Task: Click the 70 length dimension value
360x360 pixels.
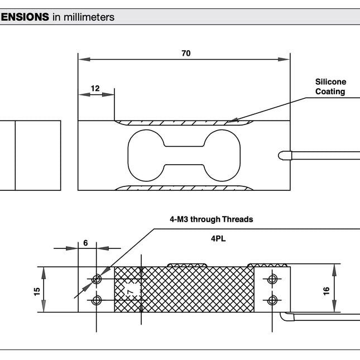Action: click(x=186, y=53)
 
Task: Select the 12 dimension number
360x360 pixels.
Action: click(x=95, y=88)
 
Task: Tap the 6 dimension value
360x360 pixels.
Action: click(x=85, y=243)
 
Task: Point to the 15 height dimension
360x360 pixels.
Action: click(x=37, y=291)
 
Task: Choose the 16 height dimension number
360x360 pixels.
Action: click(x=327, y=291)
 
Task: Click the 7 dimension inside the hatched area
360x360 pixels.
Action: click(x=130, y=292)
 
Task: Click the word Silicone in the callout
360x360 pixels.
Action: click(x=330, y=81)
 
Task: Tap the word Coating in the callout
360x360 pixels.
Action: click(x=330, y=92)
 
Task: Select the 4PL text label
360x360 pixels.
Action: click(x=218, y=239)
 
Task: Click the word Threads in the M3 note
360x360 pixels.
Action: click(x=238, y=219)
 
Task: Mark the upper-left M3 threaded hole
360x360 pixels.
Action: click(x=97, y=279)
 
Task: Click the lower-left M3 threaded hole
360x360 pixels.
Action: click(x=97, y=300)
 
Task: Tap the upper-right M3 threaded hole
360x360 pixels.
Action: click(x=272, y=279)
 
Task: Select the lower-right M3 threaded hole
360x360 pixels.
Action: click(x=272, y=300)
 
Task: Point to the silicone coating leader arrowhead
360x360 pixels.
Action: click(x=232, y=120)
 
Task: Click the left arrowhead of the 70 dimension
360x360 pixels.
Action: click(x=84, y=59)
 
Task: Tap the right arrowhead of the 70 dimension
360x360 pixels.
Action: click(x=284, y=59)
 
